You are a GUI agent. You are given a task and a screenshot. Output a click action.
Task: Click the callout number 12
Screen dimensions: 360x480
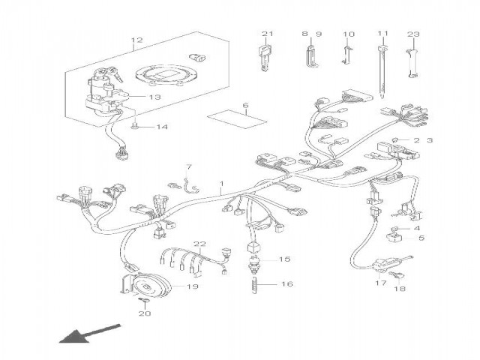(x=136, y=40)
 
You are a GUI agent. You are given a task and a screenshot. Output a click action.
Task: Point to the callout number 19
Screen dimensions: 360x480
(x=192, y=286)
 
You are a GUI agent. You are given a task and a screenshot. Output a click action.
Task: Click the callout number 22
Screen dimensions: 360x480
(x=200, y=244)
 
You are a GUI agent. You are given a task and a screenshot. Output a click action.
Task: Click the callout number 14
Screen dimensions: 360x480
(x=162, y=127)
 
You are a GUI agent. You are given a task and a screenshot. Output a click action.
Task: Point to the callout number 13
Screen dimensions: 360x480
(x=155, y=97)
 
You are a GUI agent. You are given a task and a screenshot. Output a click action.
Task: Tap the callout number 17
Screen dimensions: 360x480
(x=380, y=283)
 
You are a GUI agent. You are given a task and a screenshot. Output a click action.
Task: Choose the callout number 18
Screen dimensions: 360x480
(x=400, y=289)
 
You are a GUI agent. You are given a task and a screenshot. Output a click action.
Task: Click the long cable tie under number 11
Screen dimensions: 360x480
(x=384, y=75)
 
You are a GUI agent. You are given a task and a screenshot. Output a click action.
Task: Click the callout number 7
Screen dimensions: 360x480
(x=189, y=166)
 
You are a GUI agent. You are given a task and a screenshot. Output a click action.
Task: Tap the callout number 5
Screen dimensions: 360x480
(x=420, y=238)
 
